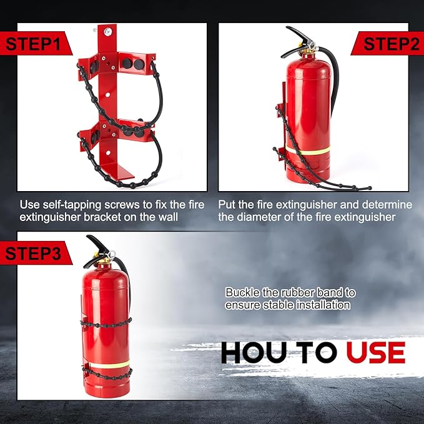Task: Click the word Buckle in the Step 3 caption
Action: point(241,292)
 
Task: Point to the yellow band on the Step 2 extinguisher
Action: point(307,151)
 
